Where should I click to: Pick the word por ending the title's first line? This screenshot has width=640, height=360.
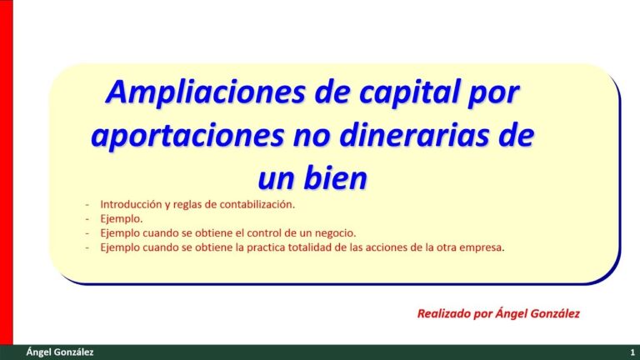point(497,93)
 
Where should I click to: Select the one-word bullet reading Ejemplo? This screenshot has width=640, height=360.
point(121,218)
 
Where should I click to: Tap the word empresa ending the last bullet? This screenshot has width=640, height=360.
point(482,247)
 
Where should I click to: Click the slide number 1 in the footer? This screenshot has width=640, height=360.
point(632,353)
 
